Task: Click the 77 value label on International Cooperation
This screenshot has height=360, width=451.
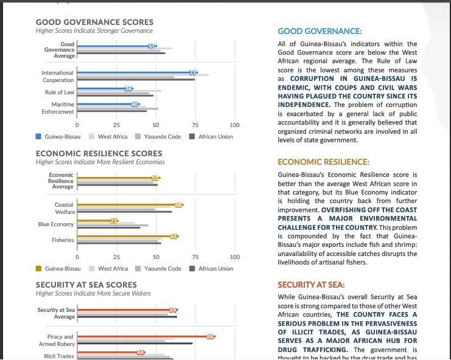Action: pos(194,73)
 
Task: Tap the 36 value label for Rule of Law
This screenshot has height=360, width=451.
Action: pos(128,89)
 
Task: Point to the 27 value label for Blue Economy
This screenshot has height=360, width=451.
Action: pos(114,221)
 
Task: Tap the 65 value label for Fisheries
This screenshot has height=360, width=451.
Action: pos(174,237)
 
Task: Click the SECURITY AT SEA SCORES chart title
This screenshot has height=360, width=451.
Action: pos(86,285)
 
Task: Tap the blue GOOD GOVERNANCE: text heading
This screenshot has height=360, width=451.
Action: pos(320,31)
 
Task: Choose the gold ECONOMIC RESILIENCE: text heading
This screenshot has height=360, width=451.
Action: pos(324,162)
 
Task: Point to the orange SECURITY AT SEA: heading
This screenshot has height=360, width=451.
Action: pos(311,285)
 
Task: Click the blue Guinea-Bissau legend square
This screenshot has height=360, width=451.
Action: pos(39,137)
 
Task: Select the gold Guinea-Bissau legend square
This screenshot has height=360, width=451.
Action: pos(39,268)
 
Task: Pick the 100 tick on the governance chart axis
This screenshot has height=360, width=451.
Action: pos(235,125)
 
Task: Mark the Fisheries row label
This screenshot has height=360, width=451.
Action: pos(63,240)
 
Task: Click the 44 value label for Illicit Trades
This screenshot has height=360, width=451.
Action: pos(141,353)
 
